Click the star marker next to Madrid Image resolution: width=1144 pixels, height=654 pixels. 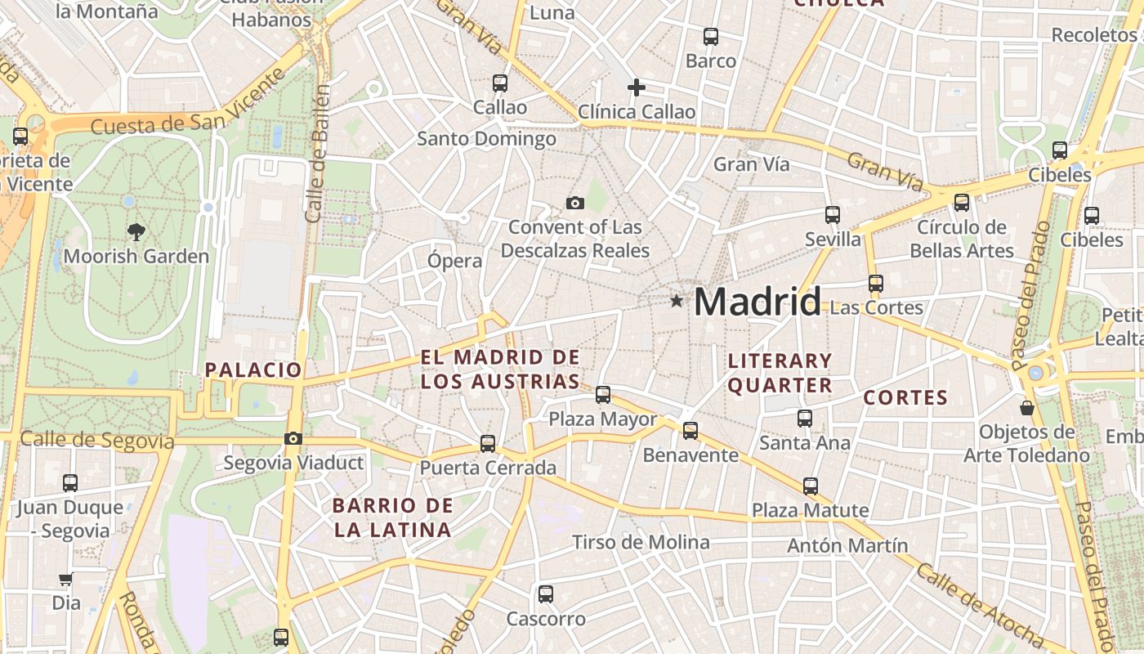[676, 301]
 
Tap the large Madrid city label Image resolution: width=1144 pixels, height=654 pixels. [757, 302]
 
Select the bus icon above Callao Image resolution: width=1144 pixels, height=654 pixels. [499, 83]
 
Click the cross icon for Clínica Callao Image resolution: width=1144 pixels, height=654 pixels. [637, 87]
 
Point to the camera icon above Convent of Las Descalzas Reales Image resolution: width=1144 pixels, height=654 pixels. [575, 203]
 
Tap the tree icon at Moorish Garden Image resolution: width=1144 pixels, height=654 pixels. [136, 232]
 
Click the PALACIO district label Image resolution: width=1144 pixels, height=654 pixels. [253, 370]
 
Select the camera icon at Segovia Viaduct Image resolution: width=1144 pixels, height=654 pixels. [293, 439]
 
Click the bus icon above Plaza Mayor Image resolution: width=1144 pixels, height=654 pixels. [603, 395]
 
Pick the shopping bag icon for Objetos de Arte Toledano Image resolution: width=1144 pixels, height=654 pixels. [1027, 407]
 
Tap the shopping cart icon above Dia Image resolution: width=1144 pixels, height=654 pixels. [65, 580]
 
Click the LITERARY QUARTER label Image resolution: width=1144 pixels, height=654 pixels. [780, 373]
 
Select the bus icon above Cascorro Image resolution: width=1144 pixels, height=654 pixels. [546, 594]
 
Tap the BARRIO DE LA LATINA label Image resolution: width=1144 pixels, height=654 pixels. [392, 517]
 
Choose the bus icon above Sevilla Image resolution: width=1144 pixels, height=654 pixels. [833, 215]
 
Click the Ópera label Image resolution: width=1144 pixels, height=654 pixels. [455, 261]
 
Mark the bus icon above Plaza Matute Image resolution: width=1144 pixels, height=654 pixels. [810, 486]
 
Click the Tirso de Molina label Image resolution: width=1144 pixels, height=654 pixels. [641, 542]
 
